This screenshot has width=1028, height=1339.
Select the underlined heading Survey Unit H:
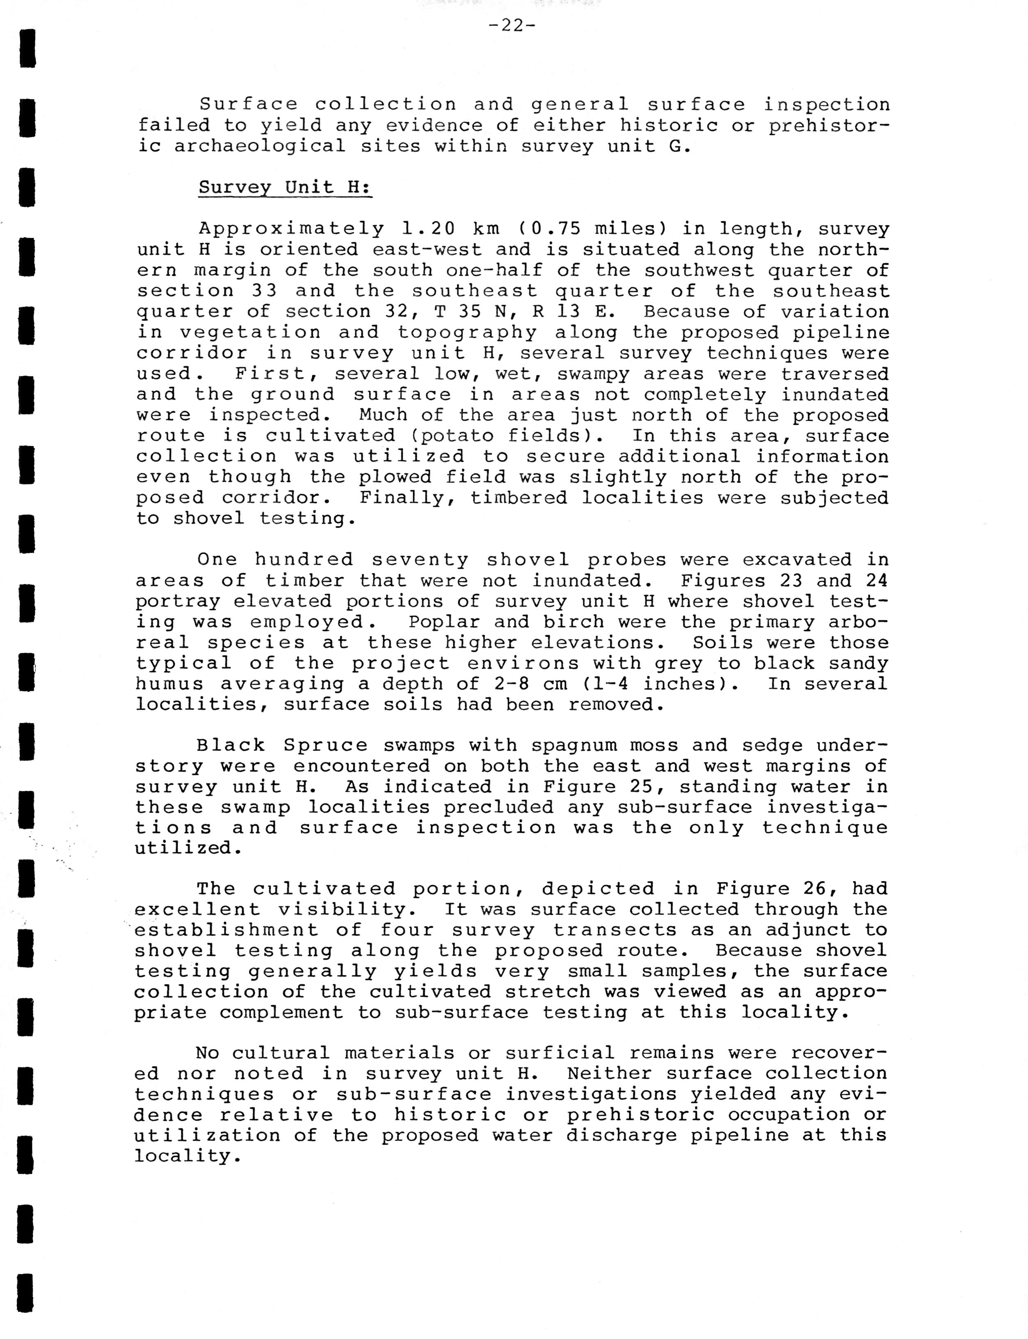(285, 187)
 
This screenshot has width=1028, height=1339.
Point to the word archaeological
(259, 146)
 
